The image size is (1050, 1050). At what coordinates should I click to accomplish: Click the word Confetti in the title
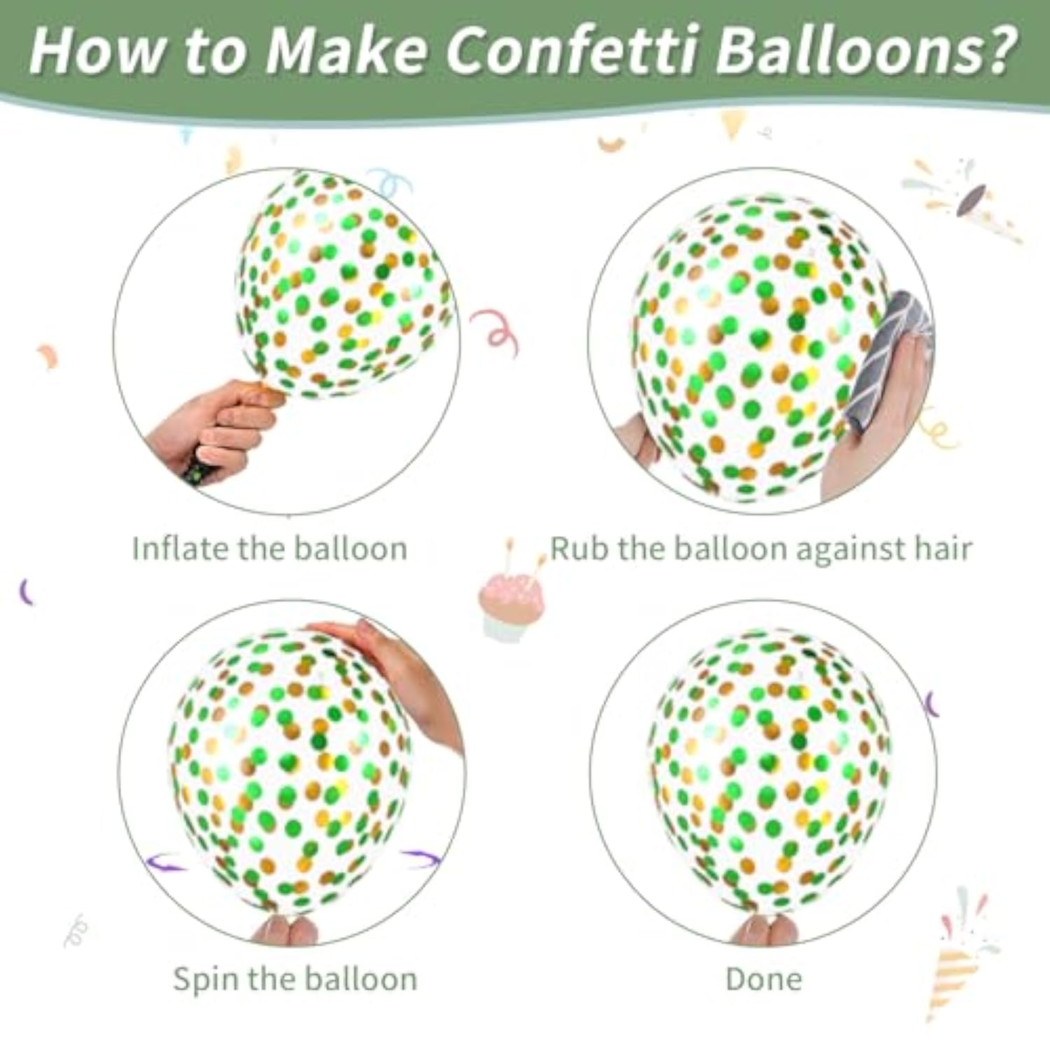click(x=571, y=50)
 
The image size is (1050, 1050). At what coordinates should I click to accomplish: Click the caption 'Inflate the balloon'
click(x=269, y=548)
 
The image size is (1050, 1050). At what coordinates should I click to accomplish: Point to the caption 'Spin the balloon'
click(x=295, y=979)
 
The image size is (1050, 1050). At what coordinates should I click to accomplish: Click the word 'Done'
click(x=764, y=979)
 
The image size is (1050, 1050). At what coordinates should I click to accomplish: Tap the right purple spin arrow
click(x=421, y=858)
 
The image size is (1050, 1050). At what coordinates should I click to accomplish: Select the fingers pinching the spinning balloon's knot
click(x=284, y=931)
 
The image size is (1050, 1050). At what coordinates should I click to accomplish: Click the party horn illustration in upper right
click(x=962, y=199)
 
